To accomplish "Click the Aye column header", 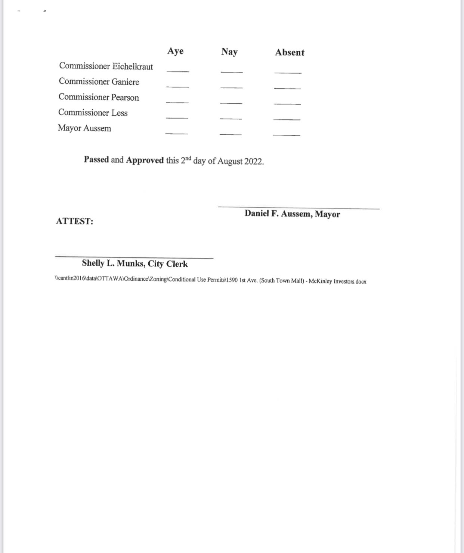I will pyautogui.click(x=175, y=51).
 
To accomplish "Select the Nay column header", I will pyautogui.click(x=229, y=52).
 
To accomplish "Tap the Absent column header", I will pyautogui.click(x=290, y=52).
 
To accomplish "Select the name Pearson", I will pyautogui.click(x=125, y=98).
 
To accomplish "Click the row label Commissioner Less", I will pyautogui.click(x=93, y=113).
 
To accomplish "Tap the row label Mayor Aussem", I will pyautogui.click(x=84, y=128).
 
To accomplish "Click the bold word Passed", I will pyautogui.click(x=96, y=159).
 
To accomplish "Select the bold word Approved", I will pyautogui.click(x=145, y=160).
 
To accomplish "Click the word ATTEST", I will pyautogui.click(x=74, y=221).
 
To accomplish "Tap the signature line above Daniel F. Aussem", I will pyautogui.click(x=299, y=207).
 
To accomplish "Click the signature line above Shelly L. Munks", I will pyautogui.click(x=134, y=257).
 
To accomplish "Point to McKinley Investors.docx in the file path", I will pyautogui.click(x=337, y=281).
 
